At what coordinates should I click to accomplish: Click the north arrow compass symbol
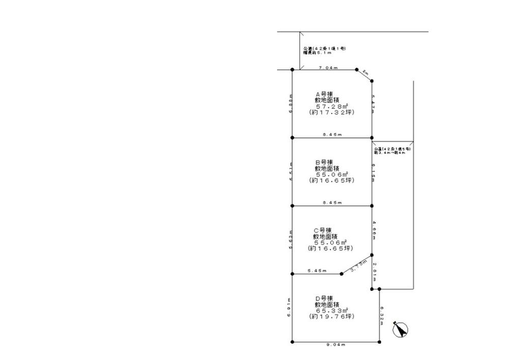click(402, 330)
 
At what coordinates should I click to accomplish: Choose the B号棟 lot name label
click(324, 162)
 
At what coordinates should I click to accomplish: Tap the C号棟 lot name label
click(323, 230)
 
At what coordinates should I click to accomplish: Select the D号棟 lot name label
click(324, 298)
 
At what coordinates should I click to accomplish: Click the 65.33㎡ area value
click(332, 310)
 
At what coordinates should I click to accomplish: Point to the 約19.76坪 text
click(332, 316)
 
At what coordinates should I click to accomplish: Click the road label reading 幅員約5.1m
click(318, 53)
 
